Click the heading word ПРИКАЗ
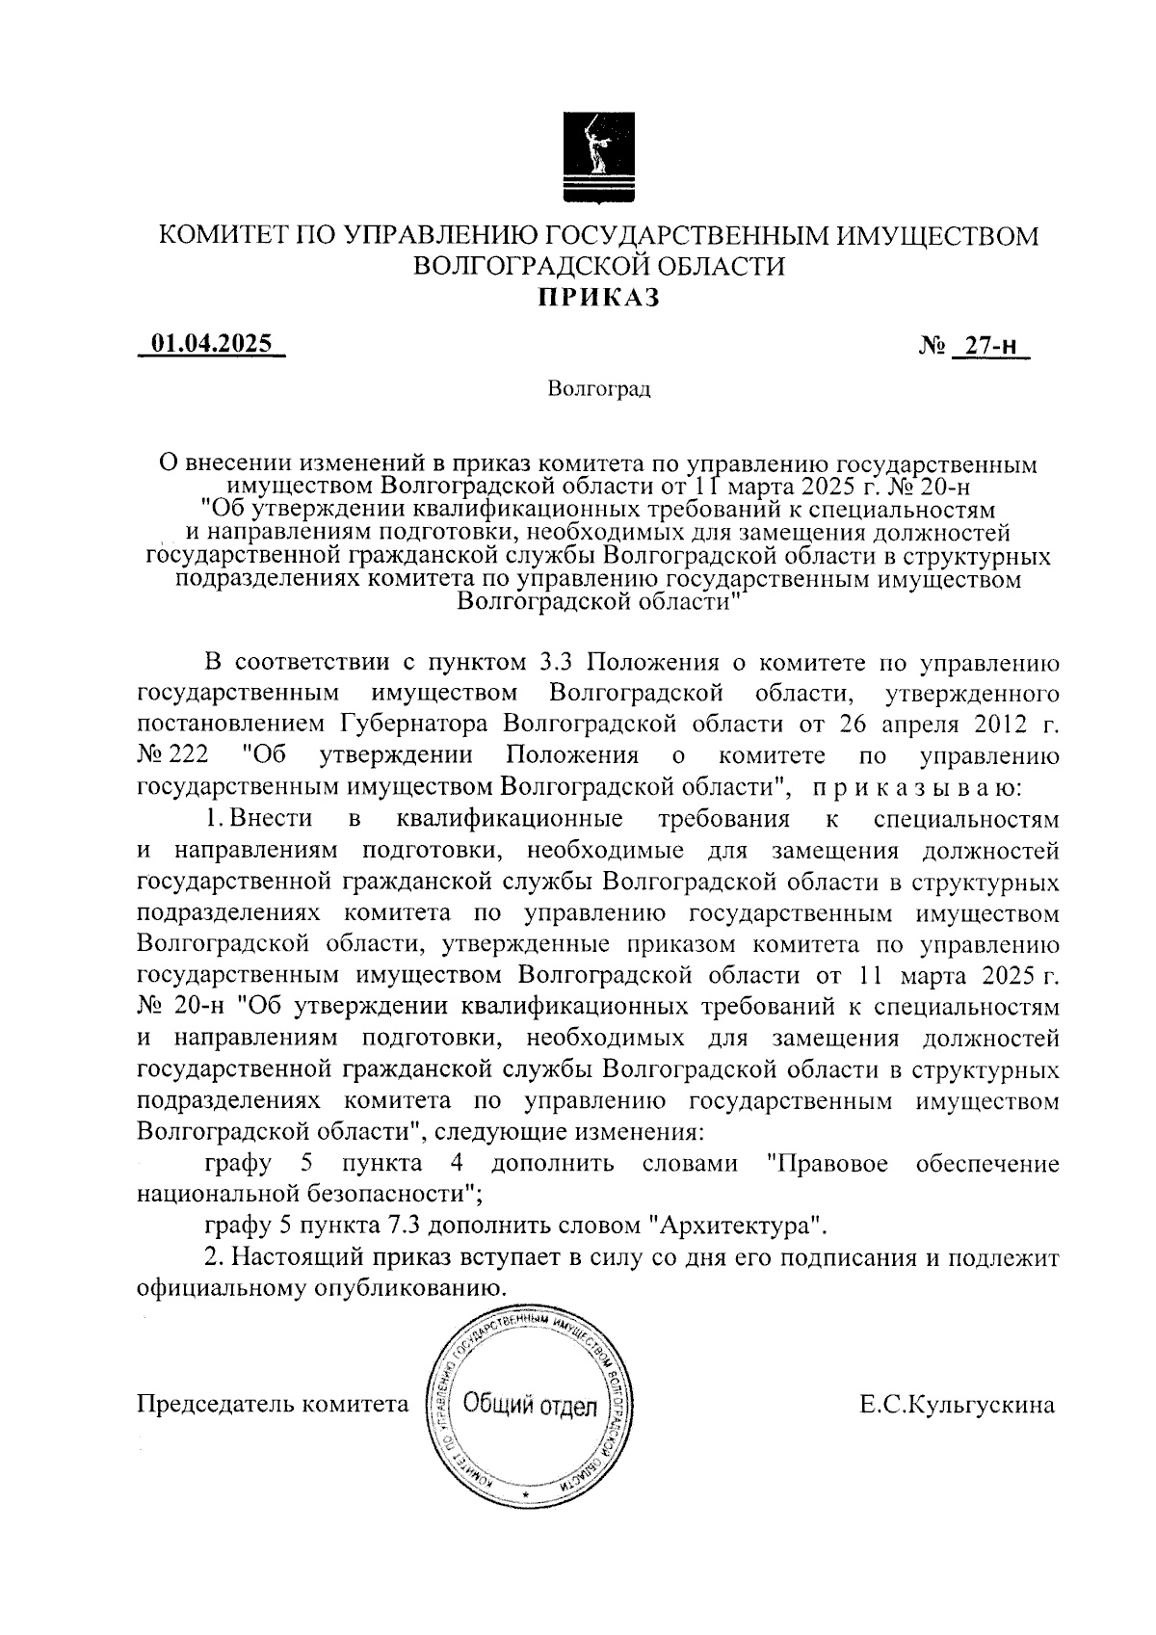tap(598, 298)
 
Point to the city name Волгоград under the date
tap(598, 389)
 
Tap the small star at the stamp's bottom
tap(526, 1492)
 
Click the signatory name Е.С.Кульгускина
tap(958, 1405)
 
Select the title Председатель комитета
tap(274, 1405)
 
